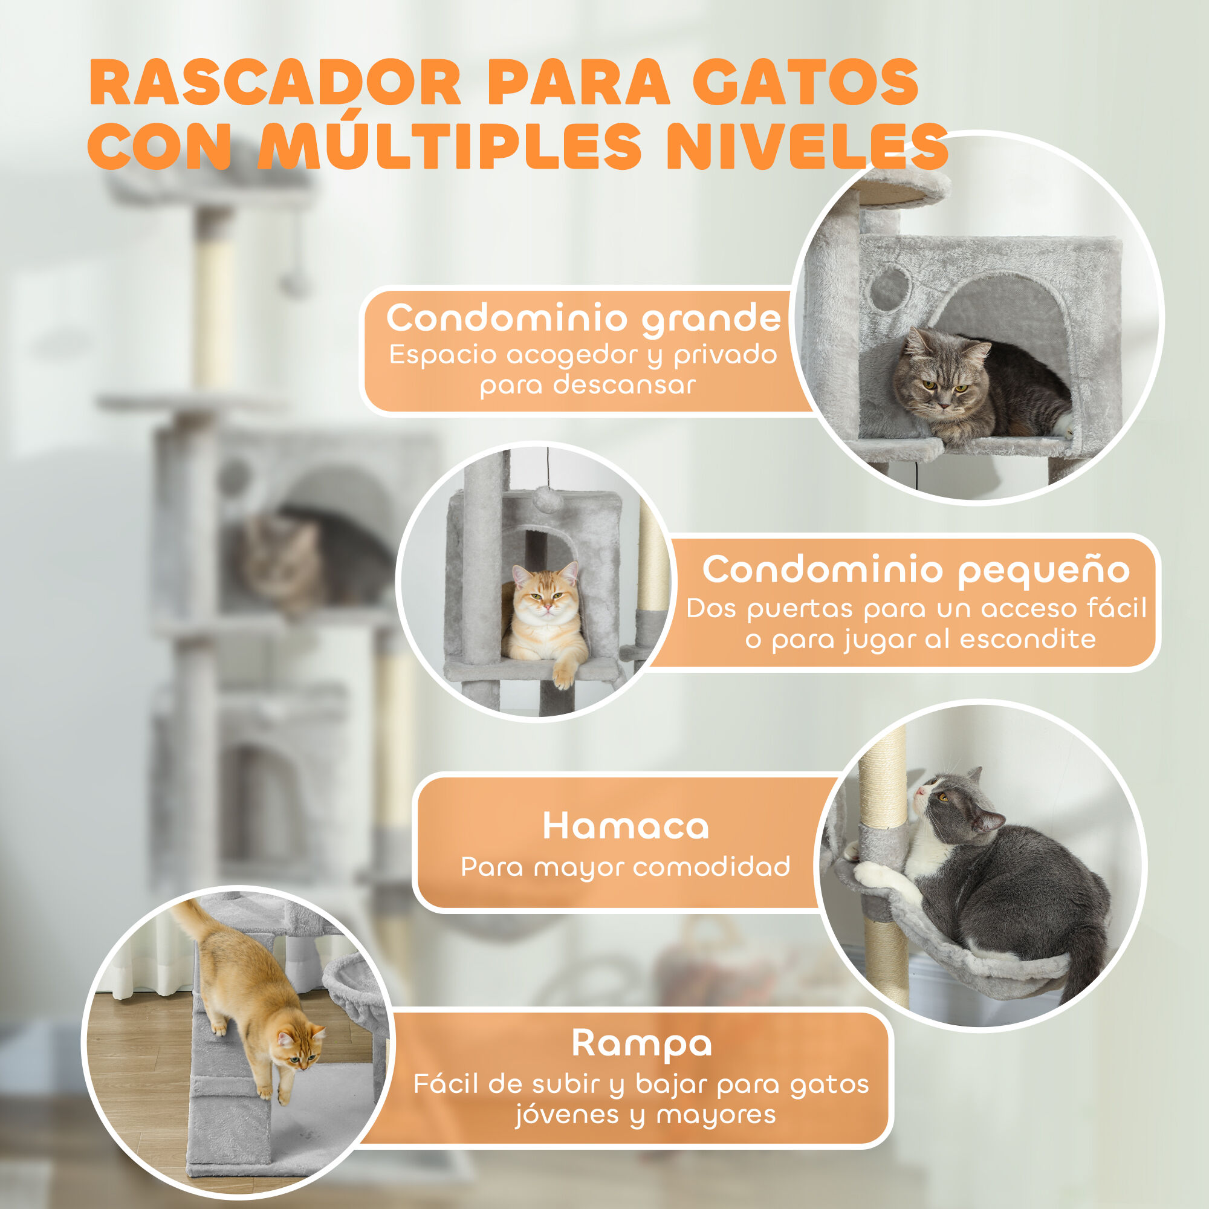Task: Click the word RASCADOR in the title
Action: [x=275, y=83]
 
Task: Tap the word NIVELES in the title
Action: [x=807, y=146]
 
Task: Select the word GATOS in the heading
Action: [x=805, y=83]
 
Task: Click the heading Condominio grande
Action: [x=583, y=318]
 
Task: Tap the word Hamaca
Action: [x=625, y=826]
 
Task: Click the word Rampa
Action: [x=641, y=1043]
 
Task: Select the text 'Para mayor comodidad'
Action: [x=625, y=867]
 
